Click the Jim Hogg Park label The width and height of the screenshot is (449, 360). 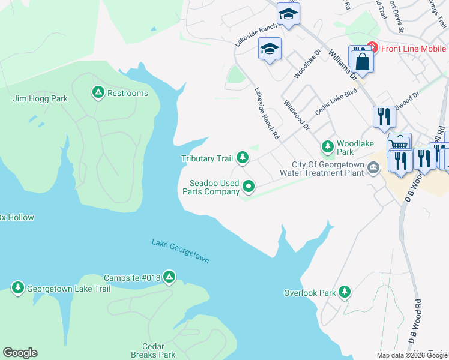coord(40,98)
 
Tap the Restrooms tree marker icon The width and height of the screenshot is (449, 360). coord(98,93)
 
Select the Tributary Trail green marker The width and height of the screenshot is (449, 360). coord(243,158)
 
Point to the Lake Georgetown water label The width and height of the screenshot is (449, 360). coord(180,251)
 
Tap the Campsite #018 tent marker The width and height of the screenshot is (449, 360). coord(170,277)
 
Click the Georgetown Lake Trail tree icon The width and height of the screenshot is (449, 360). coord(18,289)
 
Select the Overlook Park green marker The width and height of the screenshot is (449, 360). coord(344,292)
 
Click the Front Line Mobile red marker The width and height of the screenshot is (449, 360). coord(372,47)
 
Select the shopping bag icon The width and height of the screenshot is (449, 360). coord(363,61)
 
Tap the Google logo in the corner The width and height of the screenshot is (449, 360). coord(20,353)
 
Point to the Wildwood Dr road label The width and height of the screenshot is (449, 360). coord(297,115)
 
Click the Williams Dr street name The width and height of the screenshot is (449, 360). coord(342,63)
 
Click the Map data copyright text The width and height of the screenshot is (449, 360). coord(412,355)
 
